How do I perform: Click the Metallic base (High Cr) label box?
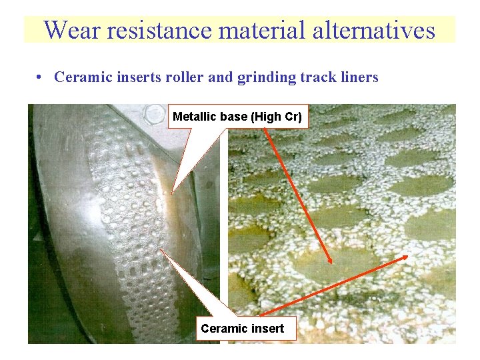[237, 117]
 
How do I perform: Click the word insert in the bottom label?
[269, 328]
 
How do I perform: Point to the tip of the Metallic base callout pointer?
[172, 194]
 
